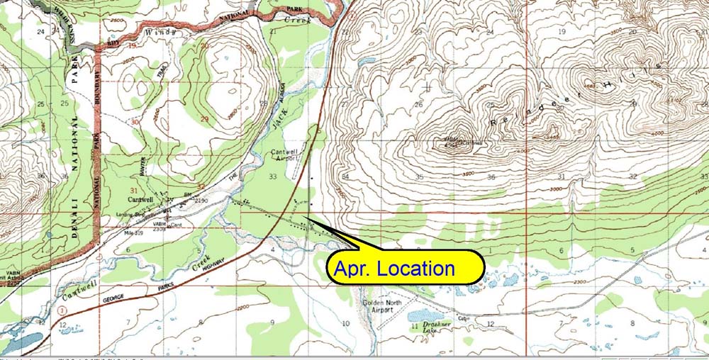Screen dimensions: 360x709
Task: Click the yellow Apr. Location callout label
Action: point(405,269)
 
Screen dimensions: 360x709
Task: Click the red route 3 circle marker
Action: point(66,310)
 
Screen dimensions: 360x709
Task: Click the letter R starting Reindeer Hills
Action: point(494,123)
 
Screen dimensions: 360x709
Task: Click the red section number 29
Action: point(204,118)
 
